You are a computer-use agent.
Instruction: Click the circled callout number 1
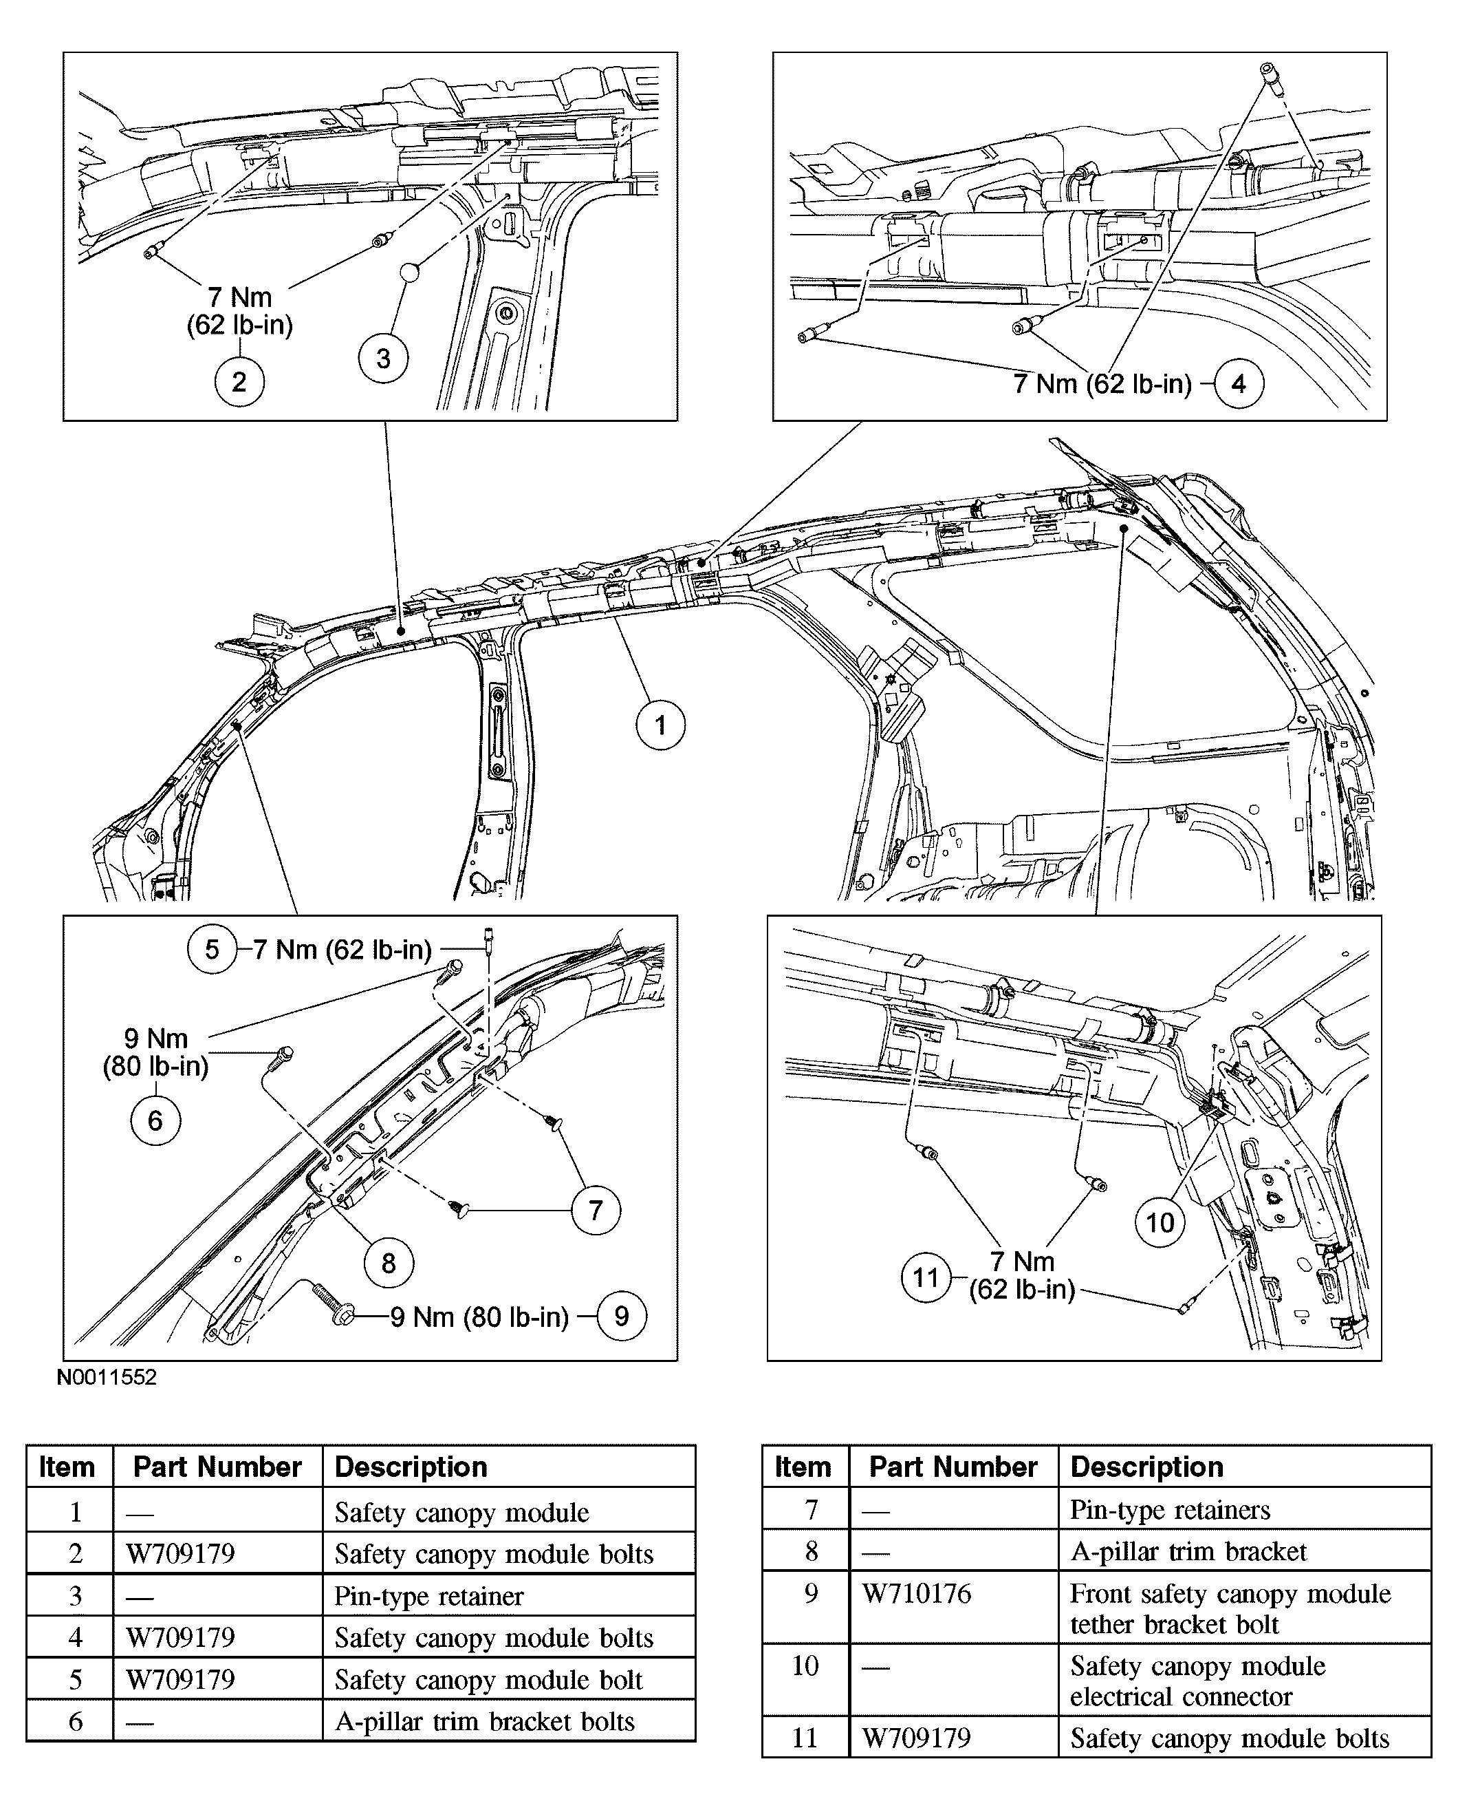pyautogui.click(x=660, y=725)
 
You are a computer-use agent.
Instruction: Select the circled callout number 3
pyautogui.click(x=383, y=359)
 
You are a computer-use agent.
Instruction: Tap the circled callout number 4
pyautogui.click(x=1239, y=384)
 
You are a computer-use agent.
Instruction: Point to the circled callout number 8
pyautogui.click(x=388, y=1263)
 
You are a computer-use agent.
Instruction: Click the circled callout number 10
pyautogui.click(x=1160, y=1223)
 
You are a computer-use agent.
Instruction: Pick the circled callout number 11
pyautogui.click(x=926, y=1278)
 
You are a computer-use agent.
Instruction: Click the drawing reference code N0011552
pyautogui.click(x=107, y=1377)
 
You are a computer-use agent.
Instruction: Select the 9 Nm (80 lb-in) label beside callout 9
pyautogui.click(x=479, y=1317)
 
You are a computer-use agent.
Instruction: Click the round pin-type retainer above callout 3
pyautogui.click(x=409, y=273)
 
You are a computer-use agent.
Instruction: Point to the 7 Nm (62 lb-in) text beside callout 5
pyautogui.click(x=342, y=950)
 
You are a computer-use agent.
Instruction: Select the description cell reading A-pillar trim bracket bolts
pyautogui.click(x=485, y=1721)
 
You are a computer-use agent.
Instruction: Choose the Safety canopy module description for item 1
pyautogui.click(x=462, y=1513)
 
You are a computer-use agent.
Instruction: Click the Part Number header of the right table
pyautogui.click(x=953, y=1467)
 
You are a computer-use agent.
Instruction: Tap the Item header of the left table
pyautogui.click(x=67, y=1467)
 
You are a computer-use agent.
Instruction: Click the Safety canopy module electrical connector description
pyautogui.click(x=1197, y=1681)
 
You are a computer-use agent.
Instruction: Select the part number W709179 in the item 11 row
pyautogui.click(x=916, y=1738)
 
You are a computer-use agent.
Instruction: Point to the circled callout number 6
pyautogui.click(x=155, y=1120)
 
